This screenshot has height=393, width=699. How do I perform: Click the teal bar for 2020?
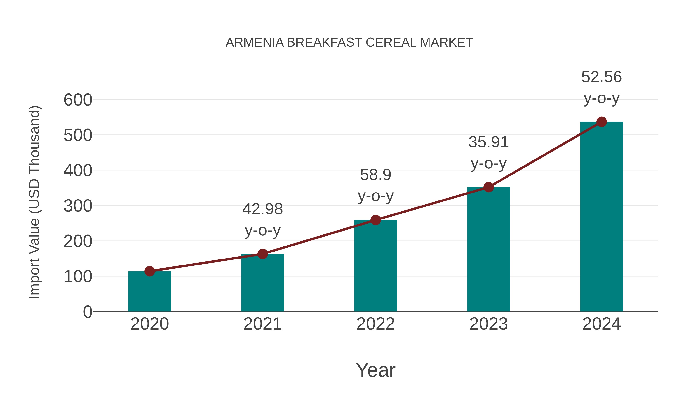click(x=150, y=291)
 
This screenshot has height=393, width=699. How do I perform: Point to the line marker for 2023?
click(x=489, y=187)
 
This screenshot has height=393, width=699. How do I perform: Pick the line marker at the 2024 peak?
click(x=602, y=122)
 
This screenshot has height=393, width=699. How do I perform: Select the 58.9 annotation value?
click(x=376, y=175)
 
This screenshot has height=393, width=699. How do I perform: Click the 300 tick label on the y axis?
click(x=78, y=206)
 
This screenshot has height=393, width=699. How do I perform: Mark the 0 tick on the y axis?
click(x=88, y=312)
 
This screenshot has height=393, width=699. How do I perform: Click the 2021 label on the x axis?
click(x=262, y=324)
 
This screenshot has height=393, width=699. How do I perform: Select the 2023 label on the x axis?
click(x=489, y=324)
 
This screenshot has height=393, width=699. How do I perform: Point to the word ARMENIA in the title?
click(x=255, y=43)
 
